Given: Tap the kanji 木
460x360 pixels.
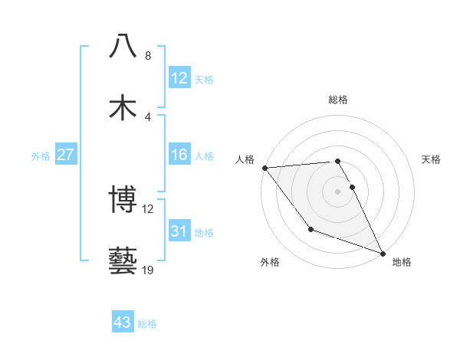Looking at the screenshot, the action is (123, 108).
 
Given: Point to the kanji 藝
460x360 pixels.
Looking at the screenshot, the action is (123, 261).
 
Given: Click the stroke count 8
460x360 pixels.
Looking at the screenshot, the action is (148, 56).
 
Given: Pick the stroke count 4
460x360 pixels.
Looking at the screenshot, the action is (148, 116).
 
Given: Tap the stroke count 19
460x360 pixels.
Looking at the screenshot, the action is (148, 270).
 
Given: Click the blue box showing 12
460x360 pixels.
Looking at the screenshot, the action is (179, 78).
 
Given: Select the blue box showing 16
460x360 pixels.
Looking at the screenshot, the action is (179, 155).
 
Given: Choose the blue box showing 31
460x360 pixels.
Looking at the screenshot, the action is (179, 231).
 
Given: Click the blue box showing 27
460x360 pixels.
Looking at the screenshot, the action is (65, 155).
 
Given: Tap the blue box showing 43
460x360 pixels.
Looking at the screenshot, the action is (122, 322).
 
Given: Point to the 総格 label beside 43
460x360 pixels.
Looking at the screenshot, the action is (147, 324).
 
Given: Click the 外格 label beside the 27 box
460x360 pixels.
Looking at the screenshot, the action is (41, 156).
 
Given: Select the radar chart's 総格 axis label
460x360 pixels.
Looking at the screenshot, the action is (338, 100).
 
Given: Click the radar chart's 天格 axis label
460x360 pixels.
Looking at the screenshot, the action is (432, 159).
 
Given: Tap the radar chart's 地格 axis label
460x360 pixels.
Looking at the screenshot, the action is (402, 263).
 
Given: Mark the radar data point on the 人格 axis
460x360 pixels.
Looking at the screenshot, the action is (264, 167).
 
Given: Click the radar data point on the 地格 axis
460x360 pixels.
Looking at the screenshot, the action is (383, 253).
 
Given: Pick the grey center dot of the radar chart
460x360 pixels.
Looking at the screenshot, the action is (338, 191).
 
